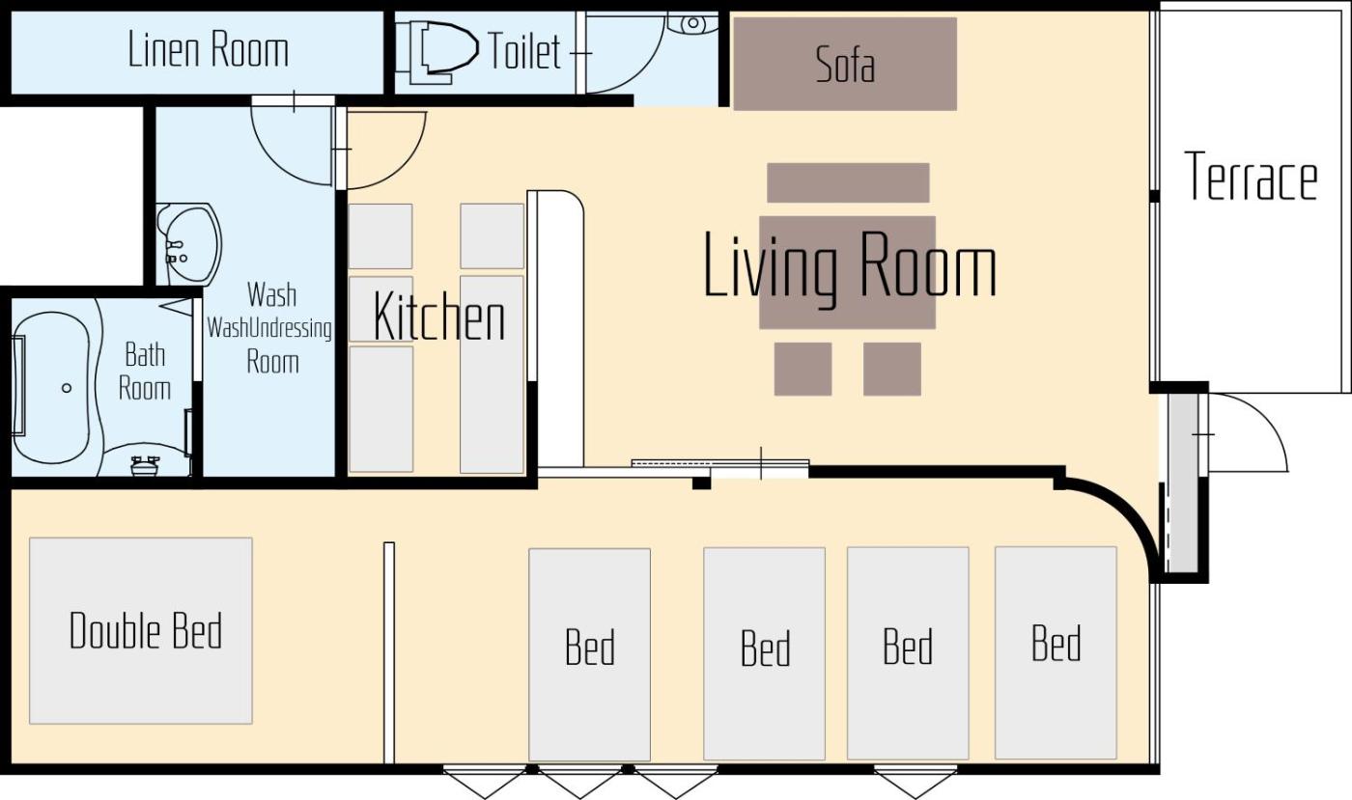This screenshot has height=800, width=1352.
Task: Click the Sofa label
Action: click(x=845, y=64)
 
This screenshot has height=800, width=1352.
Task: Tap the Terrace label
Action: click(x=1252, y=176)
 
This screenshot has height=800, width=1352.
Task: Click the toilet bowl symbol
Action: click(x=443, y=51)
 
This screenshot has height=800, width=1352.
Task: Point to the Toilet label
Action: click(x=523, y=51)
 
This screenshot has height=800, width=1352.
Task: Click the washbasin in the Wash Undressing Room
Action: click(x=188, y=244)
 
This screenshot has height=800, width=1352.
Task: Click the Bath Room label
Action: click(x=145, y=372)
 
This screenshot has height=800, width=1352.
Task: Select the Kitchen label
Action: click(x=438, y=317)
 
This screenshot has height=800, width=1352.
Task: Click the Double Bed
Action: click(x=141, y=630)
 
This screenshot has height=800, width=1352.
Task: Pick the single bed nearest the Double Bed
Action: click(x=590, y=654)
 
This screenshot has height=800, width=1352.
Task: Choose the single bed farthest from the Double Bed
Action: click(x=1056, y=652)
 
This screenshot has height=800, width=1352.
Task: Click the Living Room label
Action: click(x=850, y=265)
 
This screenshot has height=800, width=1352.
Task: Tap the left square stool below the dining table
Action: click(x=803, y=370)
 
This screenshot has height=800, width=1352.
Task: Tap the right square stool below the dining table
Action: click(x=892, y=370)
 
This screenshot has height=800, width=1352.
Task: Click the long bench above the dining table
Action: click(x=848, y=182)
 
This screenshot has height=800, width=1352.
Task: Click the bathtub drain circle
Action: click(x=67, y=388)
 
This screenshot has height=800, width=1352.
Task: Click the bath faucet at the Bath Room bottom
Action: click(x=145, y=465)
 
